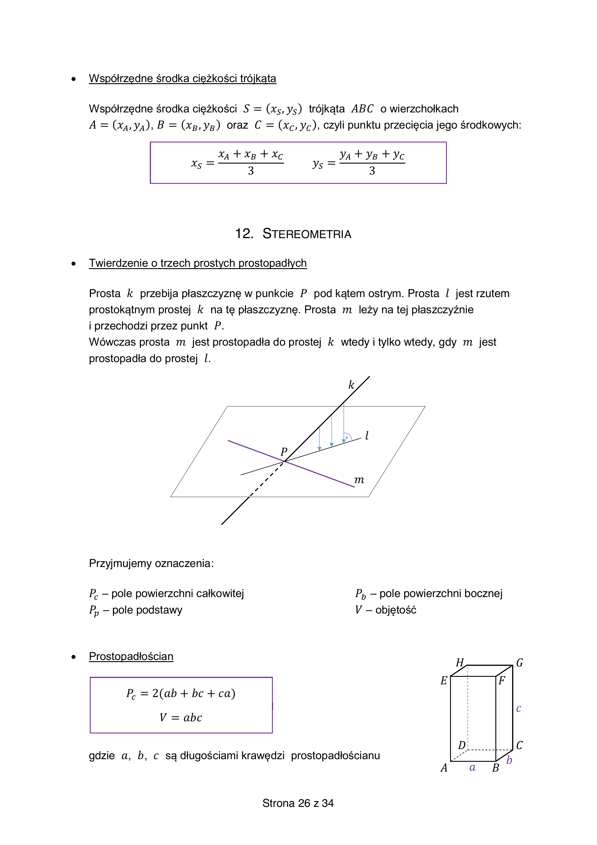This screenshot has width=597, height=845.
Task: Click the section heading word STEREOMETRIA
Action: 307,234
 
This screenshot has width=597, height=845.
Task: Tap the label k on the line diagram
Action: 351,385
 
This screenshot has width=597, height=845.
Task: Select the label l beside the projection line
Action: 367,436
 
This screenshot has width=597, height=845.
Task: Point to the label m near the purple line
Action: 359,480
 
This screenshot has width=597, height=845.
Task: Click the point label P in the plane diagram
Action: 284,452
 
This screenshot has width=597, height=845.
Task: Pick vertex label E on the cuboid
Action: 444,681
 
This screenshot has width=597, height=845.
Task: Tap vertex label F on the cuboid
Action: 502,681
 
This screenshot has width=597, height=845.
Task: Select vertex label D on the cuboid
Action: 462,745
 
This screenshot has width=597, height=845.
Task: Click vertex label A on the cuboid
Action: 444,768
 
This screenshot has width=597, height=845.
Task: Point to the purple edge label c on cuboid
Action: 518,709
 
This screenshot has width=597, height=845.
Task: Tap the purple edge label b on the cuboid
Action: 509,760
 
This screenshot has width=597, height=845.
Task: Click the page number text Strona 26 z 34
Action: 298,803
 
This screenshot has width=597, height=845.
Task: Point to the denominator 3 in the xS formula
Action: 251,171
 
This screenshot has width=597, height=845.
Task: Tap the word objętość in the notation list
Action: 395,610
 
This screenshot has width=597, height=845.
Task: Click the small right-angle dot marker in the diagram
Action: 347,438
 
